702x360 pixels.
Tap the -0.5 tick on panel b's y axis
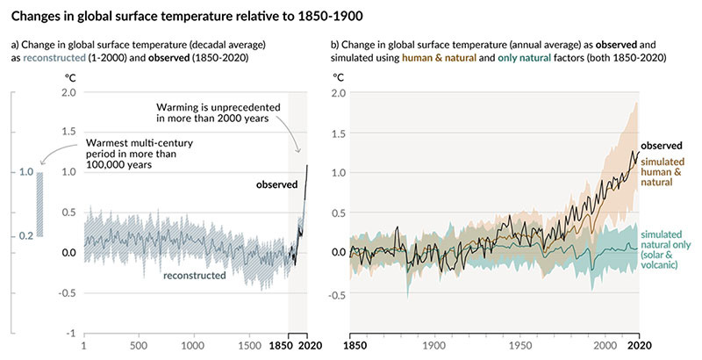tap(333, 294)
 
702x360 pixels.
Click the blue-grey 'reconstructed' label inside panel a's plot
tap(195, 276)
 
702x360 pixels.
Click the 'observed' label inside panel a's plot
tap(276, 184)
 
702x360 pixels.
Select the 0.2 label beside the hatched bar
tap(26, 235)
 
